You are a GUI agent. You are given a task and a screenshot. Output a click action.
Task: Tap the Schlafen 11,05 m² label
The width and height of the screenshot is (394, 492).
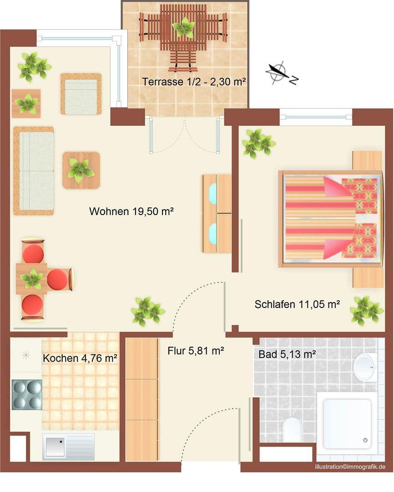(x=297, y=304)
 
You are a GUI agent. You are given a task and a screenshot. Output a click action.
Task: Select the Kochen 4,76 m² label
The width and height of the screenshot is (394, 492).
(x=81, y=358)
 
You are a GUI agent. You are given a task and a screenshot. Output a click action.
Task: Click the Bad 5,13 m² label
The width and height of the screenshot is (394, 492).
(x=287, y=354)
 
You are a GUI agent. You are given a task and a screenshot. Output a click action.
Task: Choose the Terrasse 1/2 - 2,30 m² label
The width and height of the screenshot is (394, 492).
(x=194, y=82)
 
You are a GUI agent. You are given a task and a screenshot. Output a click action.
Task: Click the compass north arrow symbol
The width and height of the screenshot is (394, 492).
(x=277, y=72)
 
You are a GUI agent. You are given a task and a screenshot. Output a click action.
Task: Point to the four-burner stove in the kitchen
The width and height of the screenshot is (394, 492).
(x=27, y=395)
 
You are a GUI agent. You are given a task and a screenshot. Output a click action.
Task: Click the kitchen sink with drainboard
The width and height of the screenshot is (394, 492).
(x=68, y=446)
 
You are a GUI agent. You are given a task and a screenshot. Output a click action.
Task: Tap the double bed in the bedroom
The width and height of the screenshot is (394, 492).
(x=331, y=219)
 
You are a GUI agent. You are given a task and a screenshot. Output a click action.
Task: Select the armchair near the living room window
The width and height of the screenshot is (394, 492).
(x=81, y=94)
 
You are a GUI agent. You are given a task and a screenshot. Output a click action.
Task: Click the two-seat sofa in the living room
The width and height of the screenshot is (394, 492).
(x=34, y=171)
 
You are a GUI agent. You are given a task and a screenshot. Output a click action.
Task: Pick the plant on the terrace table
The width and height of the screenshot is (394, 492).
(x=184, y=27)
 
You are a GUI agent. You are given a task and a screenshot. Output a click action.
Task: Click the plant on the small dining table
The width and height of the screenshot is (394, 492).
(x=32, y=278)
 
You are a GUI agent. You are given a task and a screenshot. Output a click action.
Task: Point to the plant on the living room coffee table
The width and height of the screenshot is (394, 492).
(x=81, y=169)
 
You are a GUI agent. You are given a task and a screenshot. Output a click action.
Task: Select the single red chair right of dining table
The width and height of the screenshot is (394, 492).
(x=58, y=279)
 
